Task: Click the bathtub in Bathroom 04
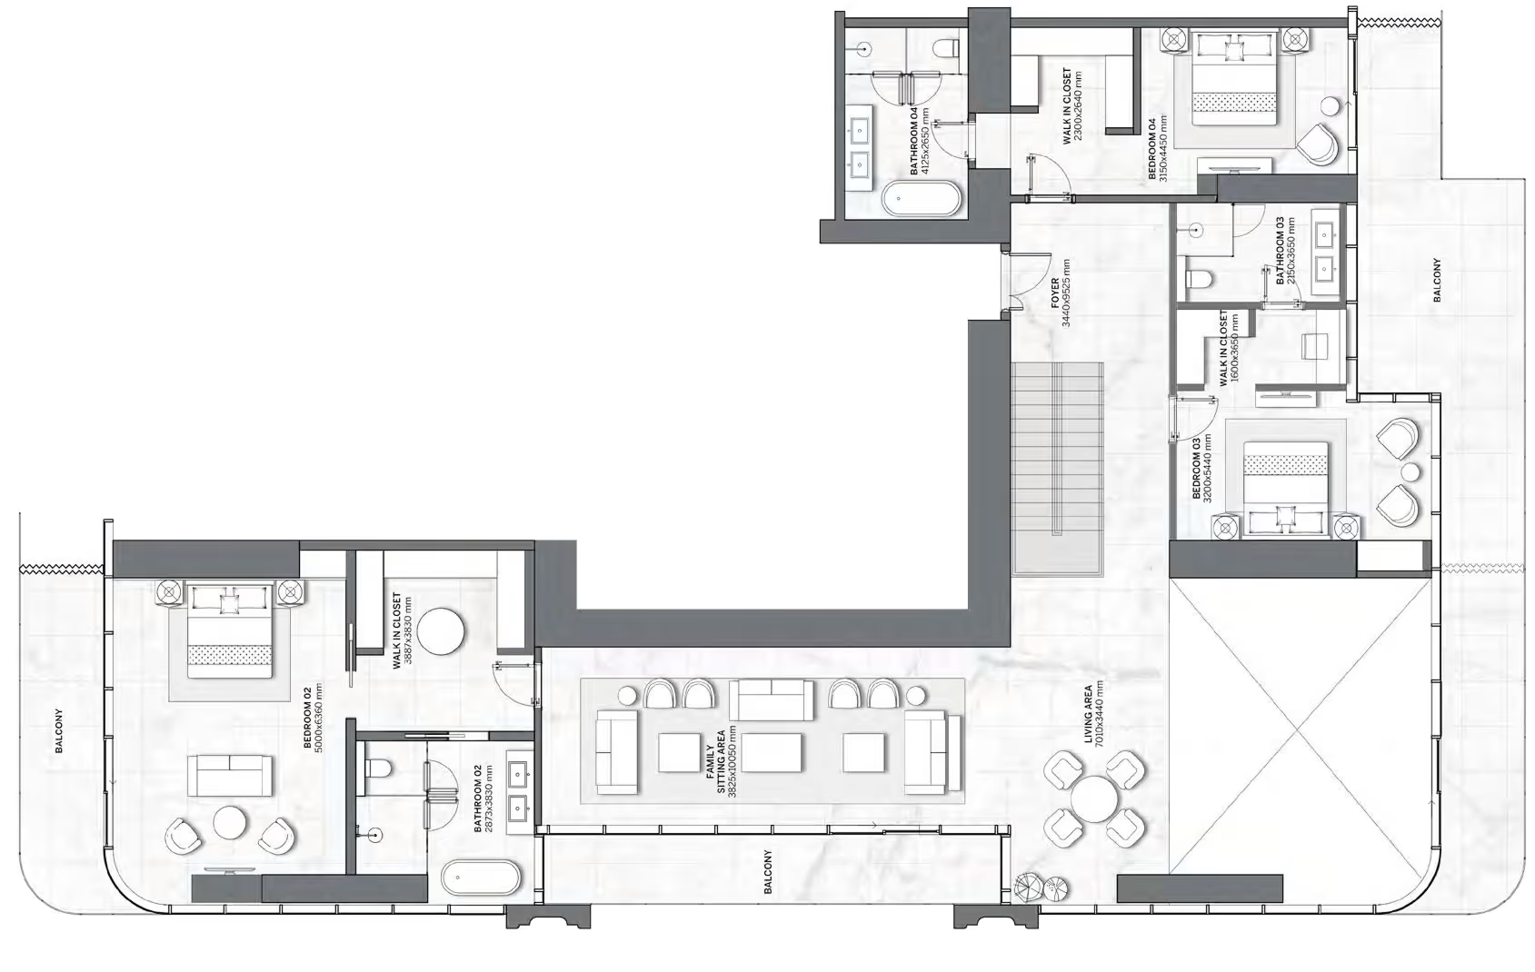point(921,199)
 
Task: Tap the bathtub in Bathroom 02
point(482,879)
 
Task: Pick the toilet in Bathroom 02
point(378,770)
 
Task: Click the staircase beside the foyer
point(1057,468)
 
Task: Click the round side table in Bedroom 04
point(1330,106)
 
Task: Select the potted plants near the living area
point(1041,886)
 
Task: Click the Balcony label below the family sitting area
point(767,872)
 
